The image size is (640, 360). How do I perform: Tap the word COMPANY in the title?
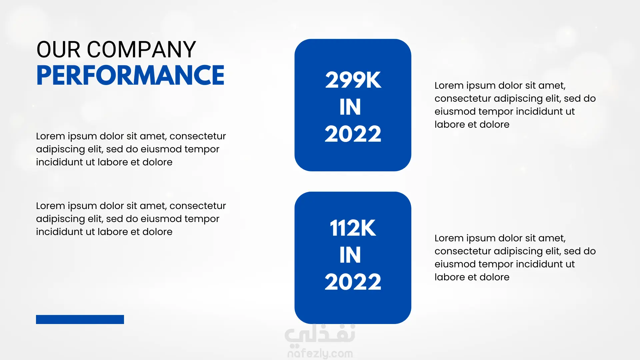pyautogui.click(x=141, y=50)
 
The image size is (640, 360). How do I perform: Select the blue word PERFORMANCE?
pyautogui.click(x=130, y=75)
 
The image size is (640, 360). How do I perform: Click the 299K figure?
pyautogui.click(x=353, y=80)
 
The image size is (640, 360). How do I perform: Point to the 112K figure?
pyautogui.click(x=353, y=228)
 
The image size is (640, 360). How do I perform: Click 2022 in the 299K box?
pyautogui.click(x=353, y=134)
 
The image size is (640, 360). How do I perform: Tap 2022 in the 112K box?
pyautogui.click(x=353, y=282)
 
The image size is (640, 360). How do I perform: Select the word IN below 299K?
pyautogui.click(x=350, y=107)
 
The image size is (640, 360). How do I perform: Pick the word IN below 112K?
pyautogui.click(x=350, y=255)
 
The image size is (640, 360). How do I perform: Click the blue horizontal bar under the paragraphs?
pyautogui.click(x=80, y=319)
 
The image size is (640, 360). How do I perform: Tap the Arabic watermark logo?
pyautogui.click(x=320, y=334)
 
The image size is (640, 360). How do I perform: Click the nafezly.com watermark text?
pyautogui.click(x=320, y=353)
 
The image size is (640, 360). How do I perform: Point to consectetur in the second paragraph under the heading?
pyautogui.click(x=198, y=206)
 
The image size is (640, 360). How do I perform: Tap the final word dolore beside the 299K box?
pyautogui.click(x=494, y=125)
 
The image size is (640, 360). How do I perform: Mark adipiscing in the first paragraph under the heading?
pyautogui.click(x=61, y=149)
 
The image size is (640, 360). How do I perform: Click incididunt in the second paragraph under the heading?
pyautogui.click(x=60, y=232)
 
